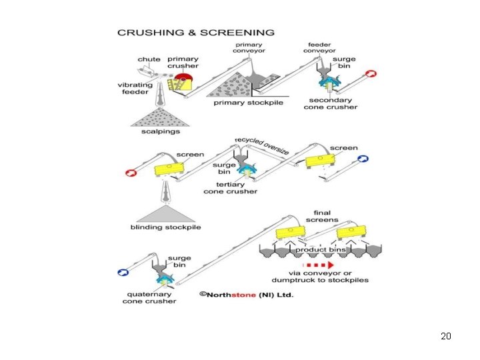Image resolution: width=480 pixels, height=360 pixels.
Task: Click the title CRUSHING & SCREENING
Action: coord(195,32)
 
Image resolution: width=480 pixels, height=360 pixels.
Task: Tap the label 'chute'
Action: coord(149,59)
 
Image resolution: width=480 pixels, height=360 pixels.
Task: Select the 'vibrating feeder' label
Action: coord(135,89)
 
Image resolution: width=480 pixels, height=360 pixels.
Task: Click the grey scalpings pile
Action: coord(161,117)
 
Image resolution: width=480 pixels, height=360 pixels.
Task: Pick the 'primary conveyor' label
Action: coord(249,48)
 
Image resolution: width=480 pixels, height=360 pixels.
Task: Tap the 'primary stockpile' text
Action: coord(247,103)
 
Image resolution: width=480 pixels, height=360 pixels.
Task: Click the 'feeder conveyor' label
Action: coord(319,48)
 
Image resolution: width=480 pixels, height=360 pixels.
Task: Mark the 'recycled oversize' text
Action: coord(262,146)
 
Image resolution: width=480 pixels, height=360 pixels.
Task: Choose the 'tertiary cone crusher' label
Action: coord(231,188)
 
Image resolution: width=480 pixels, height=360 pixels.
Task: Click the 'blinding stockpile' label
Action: coord(165,227)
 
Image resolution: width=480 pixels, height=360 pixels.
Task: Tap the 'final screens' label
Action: coord(322,216)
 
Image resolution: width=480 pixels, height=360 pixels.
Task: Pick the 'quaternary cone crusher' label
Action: coord(149,297)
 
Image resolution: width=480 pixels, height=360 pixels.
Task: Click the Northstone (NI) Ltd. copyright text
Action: coord(247,294)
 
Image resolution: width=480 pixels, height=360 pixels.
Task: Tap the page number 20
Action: coord(446,335)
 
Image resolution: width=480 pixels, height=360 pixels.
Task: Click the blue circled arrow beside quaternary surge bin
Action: coord(123,272)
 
